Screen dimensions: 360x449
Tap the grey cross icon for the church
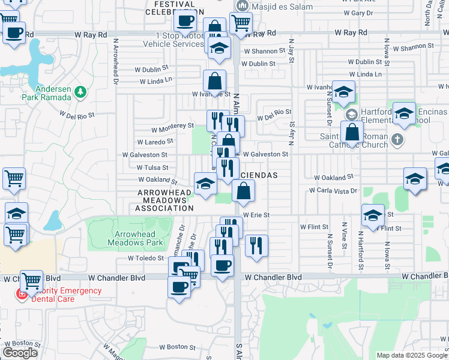pos(396,140)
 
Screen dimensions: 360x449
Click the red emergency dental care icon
pos(22,294)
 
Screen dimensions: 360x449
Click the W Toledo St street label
pos(146,259)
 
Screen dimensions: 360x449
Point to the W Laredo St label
pos(155,142)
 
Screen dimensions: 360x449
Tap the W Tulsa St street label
pos(152,168)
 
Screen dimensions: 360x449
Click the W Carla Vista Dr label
pos(333,190)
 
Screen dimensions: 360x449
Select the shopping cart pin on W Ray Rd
pos(240,23)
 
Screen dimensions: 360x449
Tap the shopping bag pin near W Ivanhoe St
pos(214,82)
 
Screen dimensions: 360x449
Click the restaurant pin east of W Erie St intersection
pos(256,245)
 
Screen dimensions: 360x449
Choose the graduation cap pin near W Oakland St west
pos(205,184)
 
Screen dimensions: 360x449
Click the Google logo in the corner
pos(20,353)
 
